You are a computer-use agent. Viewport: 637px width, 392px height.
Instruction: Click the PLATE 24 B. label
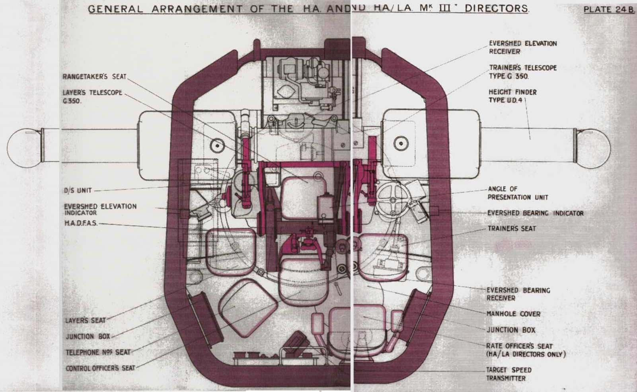pyautogui.click(x=609, y=10)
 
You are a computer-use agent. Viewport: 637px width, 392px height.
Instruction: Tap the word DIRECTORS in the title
pyautogui.click(x=497, y=8)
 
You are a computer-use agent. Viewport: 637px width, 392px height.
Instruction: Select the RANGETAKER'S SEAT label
pyautogui.click(x=94, y=77)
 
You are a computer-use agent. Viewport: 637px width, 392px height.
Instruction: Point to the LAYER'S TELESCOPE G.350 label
pyautogui.click(x=92, y=97)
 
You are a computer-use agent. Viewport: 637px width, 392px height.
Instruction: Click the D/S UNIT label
pyautogui.click(x=78, y=190)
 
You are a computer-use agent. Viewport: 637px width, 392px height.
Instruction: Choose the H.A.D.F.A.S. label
pyautogui.click(x=81, y=223)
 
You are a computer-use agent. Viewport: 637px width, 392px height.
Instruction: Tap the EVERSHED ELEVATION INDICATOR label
pyautogui.click(x=100, y=210)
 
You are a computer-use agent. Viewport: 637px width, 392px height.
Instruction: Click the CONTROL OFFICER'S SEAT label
pyautogui.click(x=100, y=368)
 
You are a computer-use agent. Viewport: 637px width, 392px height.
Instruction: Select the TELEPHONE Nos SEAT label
pyautogui.click(x=98, y=353)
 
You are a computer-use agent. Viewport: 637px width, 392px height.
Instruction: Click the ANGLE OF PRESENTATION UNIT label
pyautogui.click(x=518, y=193)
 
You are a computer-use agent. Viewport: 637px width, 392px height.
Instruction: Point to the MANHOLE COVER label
pyautogui.click(x=514, y=314)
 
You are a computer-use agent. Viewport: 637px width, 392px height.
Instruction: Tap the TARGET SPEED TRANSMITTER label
pyautogui.click(x=509, y=374)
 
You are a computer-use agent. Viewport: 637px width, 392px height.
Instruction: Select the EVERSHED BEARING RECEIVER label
pyautogui.click(x=518, y=294)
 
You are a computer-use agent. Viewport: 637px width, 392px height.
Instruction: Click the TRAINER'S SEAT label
pyautogui.click(x=512, y=229)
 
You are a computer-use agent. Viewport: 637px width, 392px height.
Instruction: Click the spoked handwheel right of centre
pyautogui.click(x=393, y=200)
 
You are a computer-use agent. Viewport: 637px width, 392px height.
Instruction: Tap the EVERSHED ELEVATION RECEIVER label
pyautogui.click(x=523, y=47)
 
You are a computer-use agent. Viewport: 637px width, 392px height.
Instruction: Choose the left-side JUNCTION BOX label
pyautogui.click(x=88, y=337)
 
